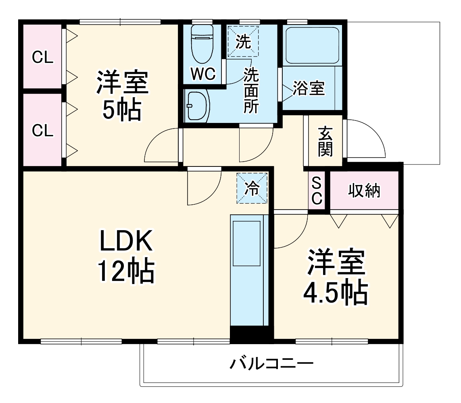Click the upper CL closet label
pyautogui.click(x=43, y=58)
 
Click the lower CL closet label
pyautogui.click(x=43, y=131)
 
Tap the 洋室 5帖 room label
pyautogui.click(x=122, y=96)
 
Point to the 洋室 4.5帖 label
pyautogui.click(x=336, y=278)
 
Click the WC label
pyautogui.click(x=203, y=74)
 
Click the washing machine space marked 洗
pyautogui.click(x=243, y=42)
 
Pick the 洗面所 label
pyautogui.click(x=250, y=91)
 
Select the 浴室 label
pyautogui.click(x=309, y=89)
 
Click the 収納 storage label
pyautogui.click(x=364, y=190)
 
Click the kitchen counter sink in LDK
pyautogui.click(x=246, y=243)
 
